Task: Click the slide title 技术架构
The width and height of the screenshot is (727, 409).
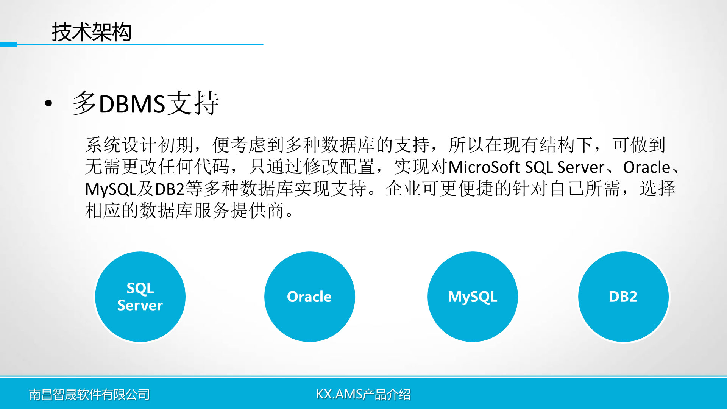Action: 92,32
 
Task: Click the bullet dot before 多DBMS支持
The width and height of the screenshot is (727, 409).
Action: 48,103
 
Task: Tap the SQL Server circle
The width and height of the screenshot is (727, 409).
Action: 140,297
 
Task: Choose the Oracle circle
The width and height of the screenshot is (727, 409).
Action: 310,297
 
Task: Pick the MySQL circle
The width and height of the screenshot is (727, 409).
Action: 473,297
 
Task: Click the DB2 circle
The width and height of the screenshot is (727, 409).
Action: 623,297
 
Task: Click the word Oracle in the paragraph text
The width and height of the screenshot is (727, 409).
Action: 647,167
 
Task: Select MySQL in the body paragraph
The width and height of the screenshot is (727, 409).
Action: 111,189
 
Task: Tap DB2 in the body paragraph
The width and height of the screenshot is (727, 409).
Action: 170,189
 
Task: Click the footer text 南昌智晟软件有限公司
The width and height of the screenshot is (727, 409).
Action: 89,395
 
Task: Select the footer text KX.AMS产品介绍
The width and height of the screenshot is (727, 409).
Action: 363,394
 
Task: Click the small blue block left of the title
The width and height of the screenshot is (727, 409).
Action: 8,44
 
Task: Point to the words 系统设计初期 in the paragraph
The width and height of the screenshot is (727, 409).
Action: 140,145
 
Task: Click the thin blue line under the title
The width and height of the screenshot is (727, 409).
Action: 140,45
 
